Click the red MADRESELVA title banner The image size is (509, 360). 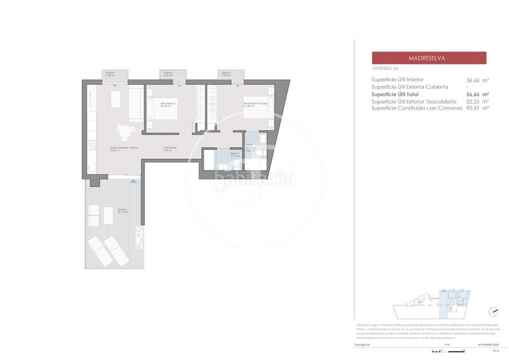tap(429, 58)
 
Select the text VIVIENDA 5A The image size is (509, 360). tap(385, 68)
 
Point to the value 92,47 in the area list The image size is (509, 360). tap(475, 108)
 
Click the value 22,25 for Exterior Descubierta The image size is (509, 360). tap(475, 101)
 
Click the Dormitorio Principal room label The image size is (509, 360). tap(254, 104)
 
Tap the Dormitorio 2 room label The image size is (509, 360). tap(168, 104)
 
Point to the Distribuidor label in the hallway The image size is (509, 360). tap(169, 148)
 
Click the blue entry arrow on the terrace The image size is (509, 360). tap(133, 181)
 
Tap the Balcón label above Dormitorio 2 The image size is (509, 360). tap(168, 73)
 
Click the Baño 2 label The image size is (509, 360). tap(216, 154)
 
